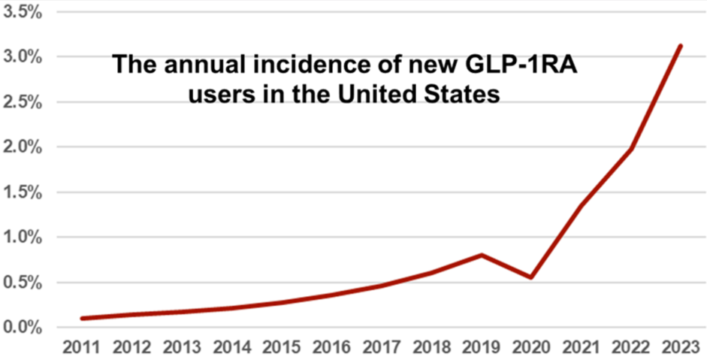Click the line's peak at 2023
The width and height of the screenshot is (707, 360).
coord(680,46)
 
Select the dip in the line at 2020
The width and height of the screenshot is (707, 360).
coord(531,277)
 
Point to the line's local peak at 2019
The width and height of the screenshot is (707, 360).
coord(482,255)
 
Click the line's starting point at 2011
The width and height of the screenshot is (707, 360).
coord(83,319)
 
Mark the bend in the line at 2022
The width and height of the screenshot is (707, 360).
coord(631,148)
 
